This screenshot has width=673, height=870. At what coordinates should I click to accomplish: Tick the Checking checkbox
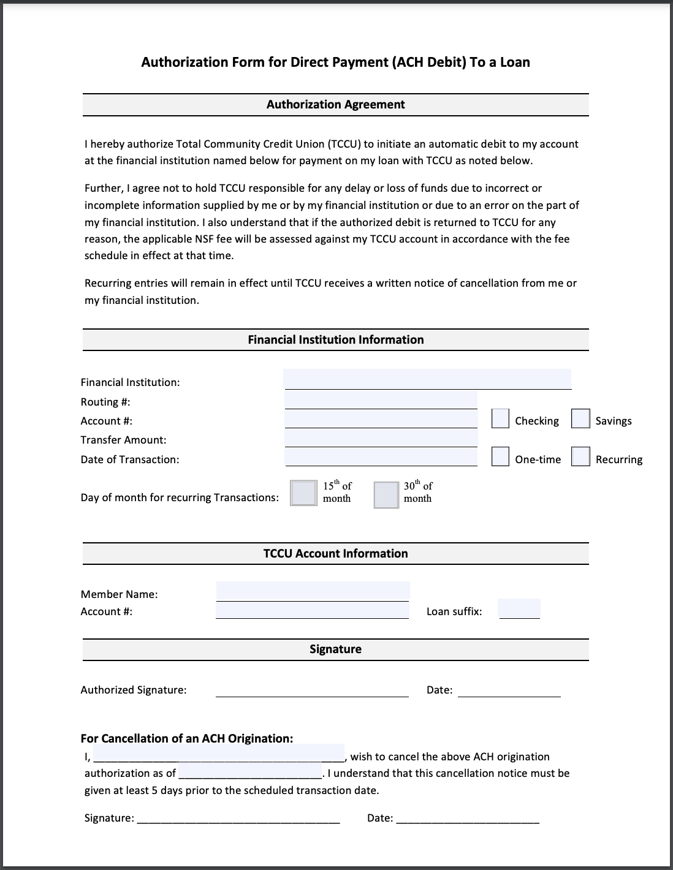(500, 418)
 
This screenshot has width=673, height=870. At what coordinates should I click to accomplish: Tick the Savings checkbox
(580, 418)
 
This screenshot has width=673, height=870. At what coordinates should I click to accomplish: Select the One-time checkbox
(500, 456)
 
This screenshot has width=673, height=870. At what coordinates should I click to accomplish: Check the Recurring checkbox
(580, 456)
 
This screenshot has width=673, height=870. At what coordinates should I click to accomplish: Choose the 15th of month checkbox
(303, 493)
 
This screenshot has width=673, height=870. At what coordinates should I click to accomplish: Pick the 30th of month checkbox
(386, 494)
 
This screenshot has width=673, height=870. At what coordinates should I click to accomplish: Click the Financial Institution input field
(427, 379)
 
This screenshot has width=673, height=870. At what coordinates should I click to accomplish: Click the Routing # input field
(381, 400)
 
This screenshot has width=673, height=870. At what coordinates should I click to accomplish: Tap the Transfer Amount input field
(381, 437)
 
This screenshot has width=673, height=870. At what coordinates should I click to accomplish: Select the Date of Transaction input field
(381, 456)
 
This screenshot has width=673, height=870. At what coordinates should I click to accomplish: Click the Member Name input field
(313, 591)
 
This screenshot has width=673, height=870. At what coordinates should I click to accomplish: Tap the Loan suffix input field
(519, 609)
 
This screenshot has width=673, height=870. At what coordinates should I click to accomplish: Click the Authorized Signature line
(312, 690)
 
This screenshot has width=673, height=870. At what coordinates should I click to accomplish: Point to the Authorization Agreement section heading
(335, 105)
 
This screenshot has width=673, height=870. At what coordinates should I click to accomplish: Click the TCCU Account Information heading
(335, 554)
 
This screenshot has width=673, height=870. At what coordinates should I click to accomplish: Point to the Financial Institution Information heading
(335, 340)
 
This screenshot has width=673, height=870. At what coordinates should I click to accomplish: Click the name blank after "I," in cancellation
(219, 753)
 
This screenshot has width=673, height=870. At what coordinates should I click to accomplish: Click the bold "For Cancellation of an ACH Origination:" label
(187, 738)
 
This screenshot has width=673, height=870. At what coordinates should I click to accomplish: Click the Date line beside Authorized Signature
(509, 690)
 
